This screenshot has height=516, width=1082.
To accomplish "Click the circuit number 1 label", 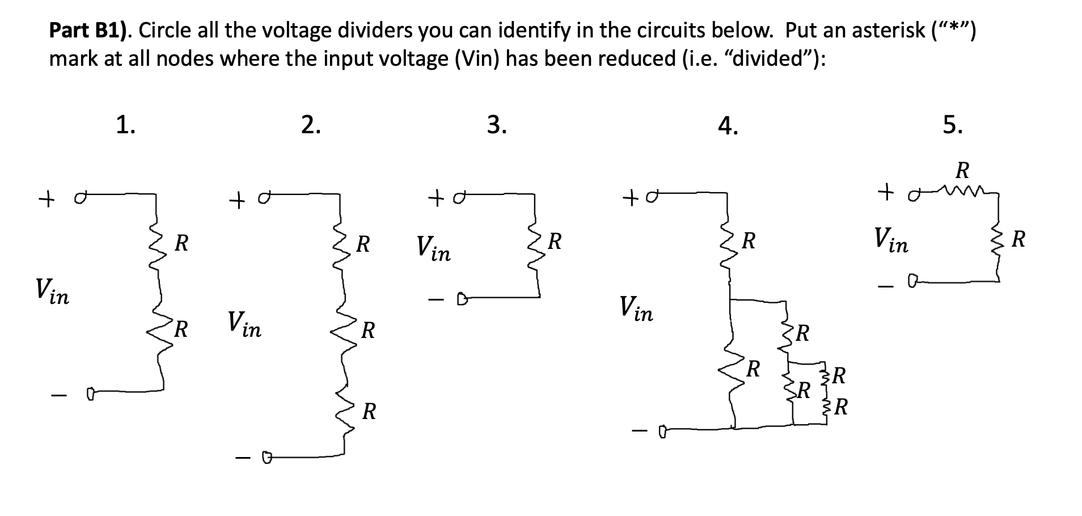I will [125, 125].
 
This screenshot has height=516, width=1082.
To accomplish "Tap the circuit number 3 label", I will [497, 125].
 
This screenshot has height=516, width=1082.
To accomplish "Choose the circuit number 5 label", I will [952, 125].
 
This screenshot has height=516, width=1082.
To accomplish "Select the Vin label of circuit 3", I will [433, 248].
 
